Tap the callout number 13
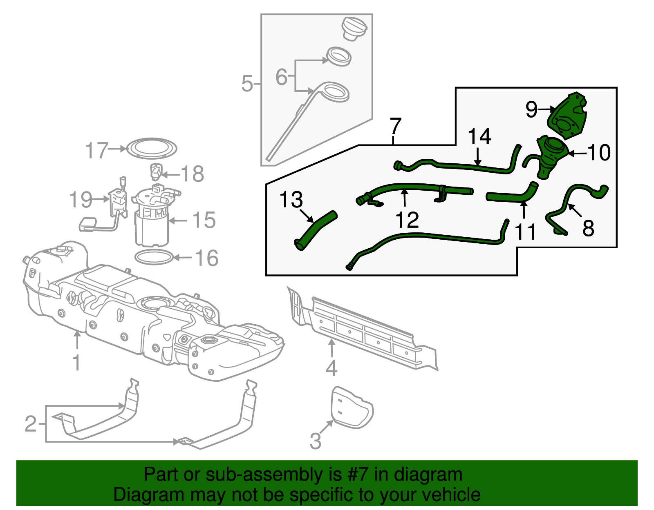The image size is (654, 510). (x=291, y=200)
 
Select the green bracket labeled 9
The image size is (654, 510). (x=568, y=116)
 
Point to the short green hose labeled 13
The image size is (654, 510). (x=316, y=231)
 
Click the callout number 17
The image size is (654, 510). (x=97, y=151)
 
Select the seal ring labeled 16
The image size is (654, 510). (x=154, y=258)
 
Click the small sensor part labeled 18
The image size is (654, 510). (x=156, y=171)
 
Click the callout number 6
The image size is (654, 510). (x=282, y=77)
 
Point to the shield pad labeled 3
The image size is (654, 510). (x=352, y=408)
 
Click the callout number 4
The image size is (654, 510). (x=331, y=368)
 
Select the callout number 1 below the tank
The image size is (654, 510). (x=76, y=363)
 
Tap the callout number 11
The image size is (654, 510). (x=525, y=232)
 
